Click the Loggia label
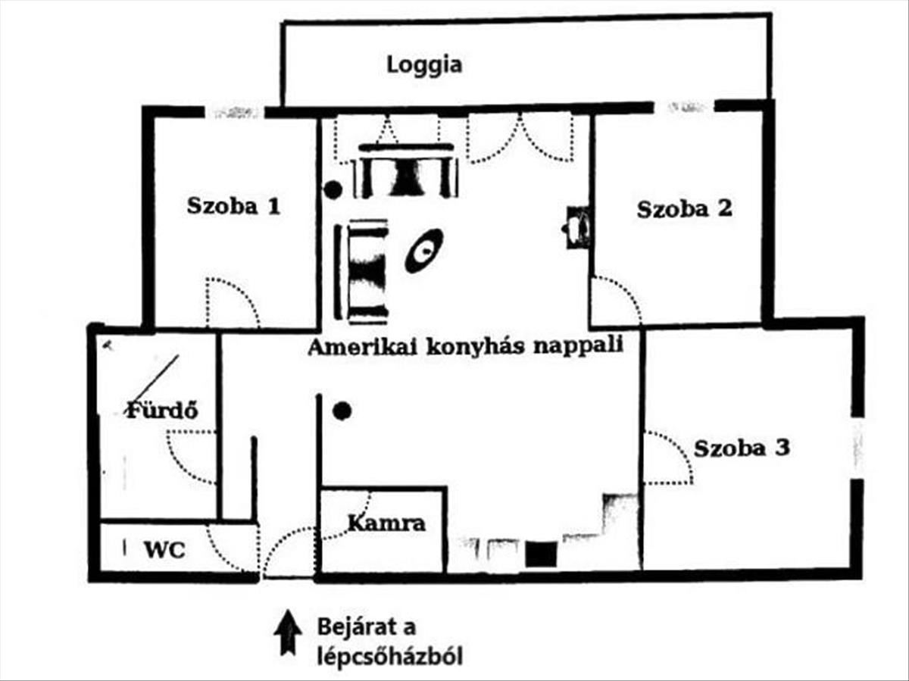[x=424, y=64]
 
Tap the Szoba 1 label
[x=233, y=206]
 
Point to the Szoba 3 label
[x=742, y=448]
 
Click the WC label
[x=164, y=549]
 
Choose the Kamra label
[x=386, y=523]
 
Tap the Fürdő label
[x=161, y=411]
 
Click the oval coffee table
[x=423, y=250]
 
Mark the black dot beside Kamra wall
[x=342, y=411]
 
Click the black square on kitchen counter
[x=542, y=554]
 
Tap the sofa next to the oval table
[x=368, y=270]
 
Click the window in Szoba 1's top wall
[x=236, y=112]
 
